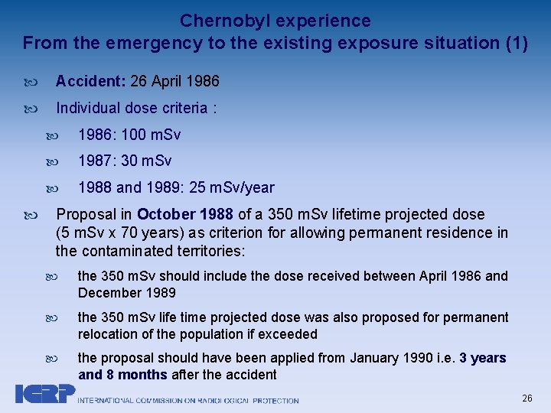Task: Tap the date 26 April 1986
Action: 175,81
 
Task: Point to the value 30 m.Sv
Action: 146,161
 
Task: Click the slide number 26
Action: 527,398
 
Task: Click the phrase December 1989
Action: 127,293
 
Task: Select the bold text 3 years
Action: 482,358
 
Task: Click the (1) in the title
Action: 517,43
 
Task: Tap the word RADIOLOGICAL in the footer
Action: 216,400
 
